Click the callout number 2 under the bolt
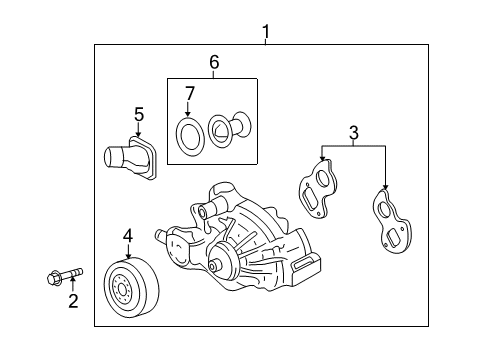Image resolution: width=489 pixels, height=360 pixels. [x=72, y=301]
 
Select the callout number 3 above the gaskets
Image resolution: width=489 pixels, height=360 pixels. [x=352, y=130]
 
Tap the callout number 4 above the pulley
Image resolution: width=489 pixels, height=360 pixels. [x=128, y=236]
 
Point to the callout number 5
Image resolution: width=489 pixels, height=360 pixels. [x=139, y=114]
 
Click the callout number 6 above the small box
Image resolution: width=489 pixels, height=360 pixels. [x=213, y=62]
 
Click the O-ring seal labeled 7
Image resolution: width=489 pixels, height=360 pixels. [x=186, y=133]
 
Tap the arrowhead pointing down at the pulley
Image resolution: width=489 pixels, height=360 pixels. [x=128, y=254]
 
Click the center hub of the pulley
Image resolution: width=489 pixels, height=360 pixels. [x=122, y=292]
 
